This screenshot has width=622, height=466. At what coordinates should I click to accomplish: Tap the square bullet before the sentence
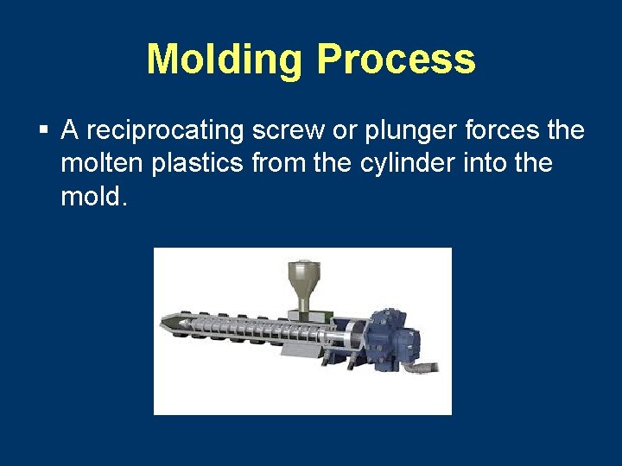42,131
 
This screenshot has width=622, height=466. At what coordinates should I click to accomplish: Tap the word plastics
195,163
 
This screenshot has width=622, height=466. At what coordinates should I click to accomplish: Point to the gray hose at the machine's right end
428,367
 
